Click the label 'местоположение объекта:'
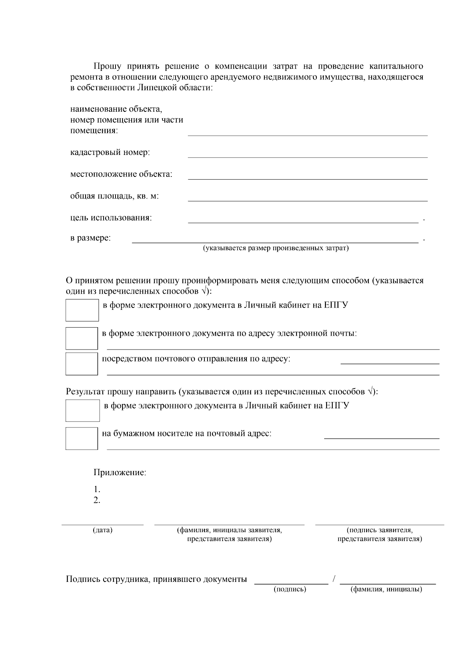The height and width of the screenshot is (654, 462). point(121,174)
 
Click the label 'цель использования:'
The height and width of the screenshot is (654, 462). point(111,218)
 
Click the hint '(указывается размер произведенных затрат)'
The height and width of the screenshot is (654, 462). point(276,248)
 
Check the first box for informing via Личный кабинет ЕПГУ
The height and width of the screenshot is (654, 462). point(82,310)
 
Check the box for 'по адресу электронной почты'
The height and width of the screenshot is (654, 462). point(82,338)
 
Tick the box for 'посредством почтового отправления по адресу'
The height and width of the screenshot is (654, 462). point(82,363)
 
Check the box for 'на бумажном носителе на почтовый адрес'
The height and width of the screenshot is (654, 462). point(82,438)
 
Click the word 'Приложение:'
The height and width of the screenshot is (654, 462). point(120,472)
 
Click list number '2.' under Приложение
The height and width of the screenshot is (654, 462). point(97,501)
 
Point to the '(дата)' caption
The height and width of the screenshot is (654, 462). point(102,530)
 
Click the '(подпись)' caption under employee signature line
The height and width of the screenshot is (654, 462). point(290,589)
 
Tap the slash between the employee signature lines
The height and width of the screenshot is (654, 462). point(334,579)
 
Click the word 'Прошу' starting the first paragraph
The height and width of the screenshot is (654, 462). point(106,66)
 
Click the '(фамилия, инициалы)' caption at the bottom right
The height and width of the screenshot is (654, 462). point(386,589)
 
